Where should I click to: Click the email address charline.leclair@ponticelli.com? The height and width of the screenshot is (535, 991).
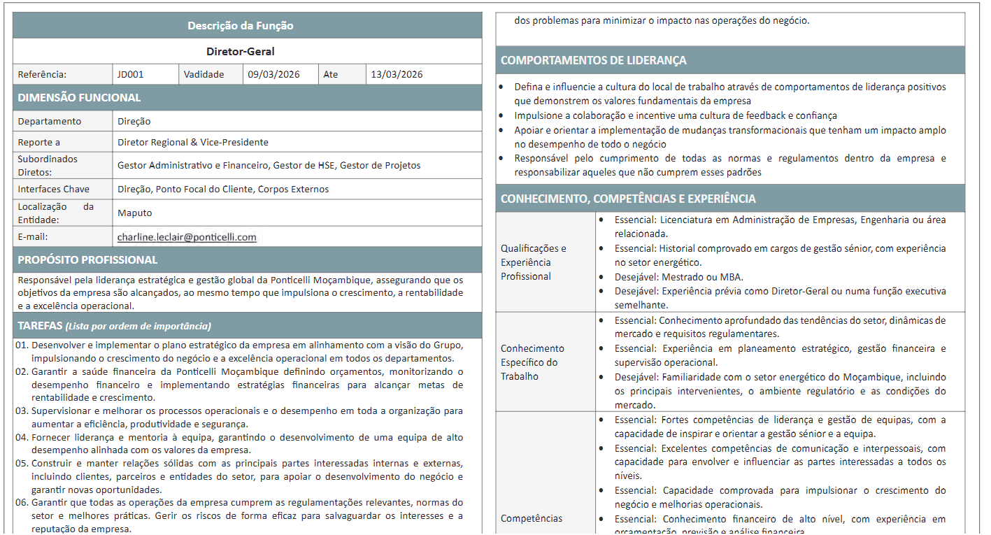click(x=187, y=237)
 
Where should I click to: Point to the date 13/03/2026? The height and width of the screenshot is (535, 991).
click(x=397, y=74)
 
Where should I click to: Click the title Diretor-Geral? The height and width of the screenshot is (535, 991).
click(x=241, y=51)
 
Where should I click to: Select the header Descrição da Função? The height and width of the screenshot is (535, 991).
click(x=241, y=26)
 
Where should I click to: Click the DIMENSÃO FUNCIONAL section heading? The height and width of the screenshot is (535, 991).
click(x=79, y=98)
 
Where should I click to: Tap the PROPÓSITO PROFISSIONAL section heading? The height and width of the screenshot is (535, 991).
click(x=87, y=260)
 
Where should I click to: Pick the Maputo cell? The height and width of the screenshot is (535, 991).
click(x=135, y=213)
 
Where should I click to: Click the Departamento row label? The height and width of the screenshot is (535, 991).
click(x=50, y=121)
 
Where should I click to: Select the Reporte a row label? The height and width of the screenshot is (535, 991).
click(x=39, y=142)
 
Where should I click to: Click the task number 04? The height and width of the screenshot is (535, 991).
click(x=22, y=437)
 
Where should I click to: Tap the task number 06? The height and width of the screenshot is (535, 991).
click(x=22, y=503)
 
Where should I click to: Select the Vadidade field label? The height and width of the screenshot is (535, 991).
click(x=204, y=74)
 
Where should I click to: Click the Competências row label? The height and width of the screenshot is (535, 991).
click(x=532, y=518)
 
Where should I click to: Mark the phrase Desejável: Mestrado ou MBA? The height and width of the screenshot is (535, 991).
click(x=678, y=276)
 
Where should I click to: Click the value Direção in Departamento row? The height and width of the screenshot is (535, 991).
click(x=134, y=121)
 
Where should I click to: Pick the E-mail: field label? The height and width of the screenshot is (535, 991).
click(x=33, y=237)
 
